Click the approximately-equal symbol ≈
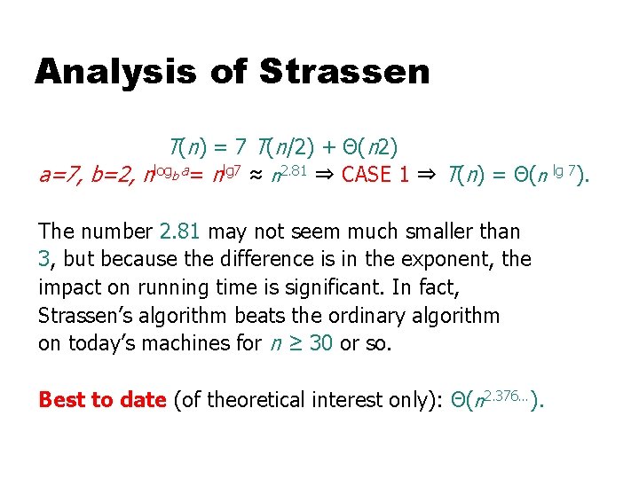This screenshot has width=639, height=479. coord(252,175)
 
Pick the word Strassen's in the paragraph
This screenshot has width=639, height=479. coord(86,316)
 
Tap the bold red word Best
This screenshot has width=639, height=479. coord(59,400)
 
